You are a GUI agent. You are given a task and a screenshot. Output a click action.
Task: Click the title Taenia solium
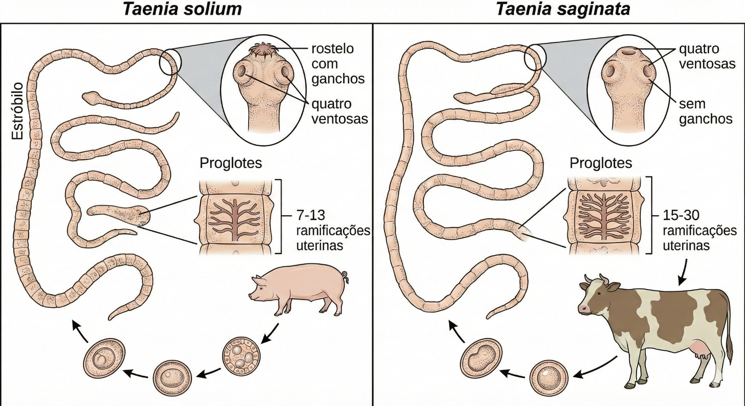click(182, 9)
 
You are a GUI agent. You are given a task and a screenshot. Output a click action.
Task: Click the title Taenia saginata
click(563, 9)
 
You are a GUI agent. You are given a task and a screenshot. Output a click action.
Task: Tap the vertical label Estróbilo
click(17, 111)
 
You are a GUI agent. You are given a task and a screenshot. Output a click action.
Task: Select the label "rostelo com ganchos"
click(338, 64)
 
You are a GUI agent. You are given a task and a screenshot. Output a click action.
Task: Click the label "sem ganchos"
click(705, 111)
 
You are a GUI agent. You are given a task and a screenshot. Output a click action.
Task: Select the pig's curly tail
click(345, 277)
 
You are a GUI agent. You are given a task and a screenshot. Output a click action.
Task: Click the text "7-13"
click(310, 215)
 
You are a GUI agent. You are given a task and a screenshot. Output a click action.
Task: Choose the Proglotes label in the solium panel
click(231, 163)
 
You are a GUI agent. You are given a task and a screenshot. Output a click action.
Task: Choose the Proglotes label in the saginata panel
click(601, 163)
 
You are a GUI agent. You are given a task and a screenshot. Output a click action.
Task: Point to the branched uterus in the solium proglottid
click(235, 219)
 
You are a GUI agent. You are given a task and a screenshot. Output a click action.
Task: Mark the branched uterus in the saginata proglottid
click(605, 217)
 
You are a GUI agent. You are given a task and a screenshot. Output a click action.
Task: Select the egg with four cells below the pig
click(242, 356)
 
